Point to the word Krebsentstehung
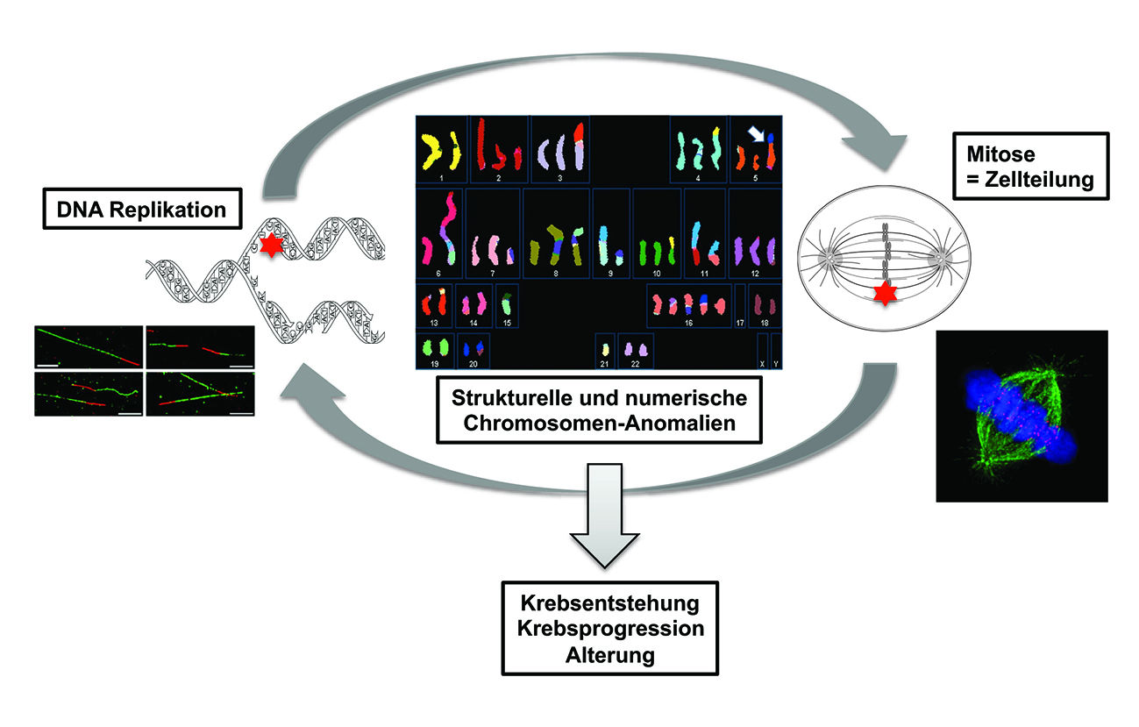(x=610, y=605)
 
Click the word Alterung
(x=610, y=654)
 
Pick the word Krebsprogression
(x=610, y=630)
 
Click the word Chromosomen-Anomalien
(x=599, y=422)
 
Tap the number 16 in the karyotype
(x=689, y=324)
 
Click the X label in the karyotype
(x=763, y=363)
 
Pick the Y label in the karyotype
(x=776, y=363)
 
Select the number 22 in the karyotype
(x=635, y=363)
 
